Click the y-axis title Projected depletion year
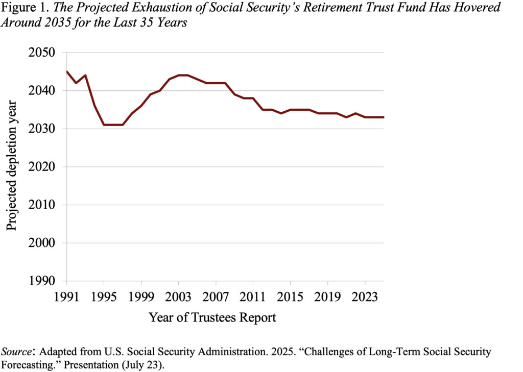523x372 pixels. (x=12, y=166)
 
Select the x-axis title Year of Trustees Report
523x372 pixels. (x=212, y=317)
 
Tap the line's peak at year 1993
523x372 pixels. (x=85, y=76)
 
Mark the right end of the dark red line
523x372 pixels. (x=384, y=117)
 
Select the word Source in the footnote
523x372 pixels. (x=17, y=352)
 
